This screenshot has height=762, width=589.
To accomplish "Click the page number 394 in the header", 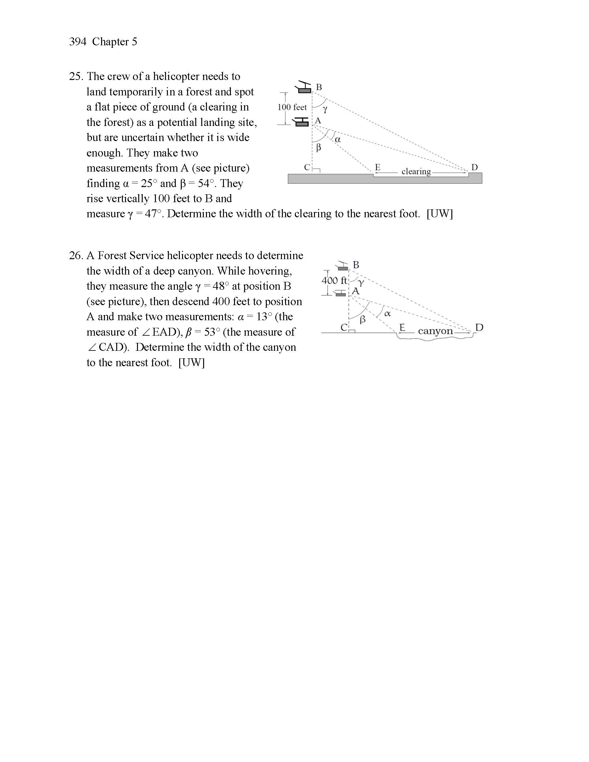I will pos(77,42).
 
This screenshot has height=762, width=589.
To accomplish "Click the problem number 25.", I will pos(75,77).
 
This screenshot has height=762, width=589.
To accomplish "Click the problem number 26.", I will pos(75,256).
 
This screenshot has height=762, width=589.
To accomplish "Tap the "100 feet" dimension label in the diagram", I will pos(292,107).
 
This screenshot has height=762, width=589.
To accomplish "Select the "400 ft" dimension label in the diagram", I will pos(334,281).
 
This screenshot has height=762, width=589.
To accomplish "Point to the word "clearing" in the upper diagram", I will pos(416,172).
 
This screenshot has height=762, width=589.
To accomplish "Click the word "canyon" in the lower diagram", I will pos(435,331).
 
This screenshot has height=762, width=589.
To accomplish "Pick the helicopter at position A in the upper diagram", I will pos(301,122).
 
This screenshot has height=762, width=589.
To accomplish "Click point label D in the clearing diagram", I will pos(475,168).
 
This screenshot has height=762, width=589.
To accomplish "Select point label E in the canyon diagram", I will pos(402,327).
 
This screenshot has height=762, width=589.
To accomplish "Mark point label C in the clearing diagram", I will pos(307,168).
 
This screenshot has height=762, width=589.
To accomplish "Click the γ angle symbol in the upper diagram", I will pos(325,110).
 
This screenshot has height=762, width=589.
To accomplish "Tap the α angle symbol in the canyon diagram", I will pos(387,314).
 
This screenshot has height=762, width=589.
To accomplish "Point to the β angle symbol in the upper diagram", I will pos(318,148).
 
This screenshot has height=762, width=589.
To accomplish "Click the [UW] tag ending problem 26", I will pos(191,363).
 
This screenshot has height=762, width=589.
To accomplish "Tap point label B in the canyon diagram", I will pos(356,265).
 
